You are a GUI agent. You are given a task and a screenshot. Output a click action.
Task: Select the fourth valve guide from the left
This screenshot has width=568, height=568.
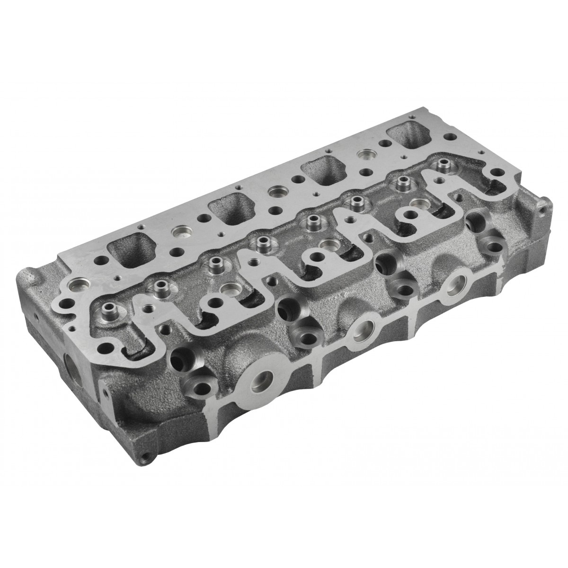tap(259, 242)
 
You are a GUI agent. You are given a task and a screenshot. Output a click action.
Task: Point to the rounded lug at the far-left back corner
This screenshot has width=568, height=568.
tap(28, 275)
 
